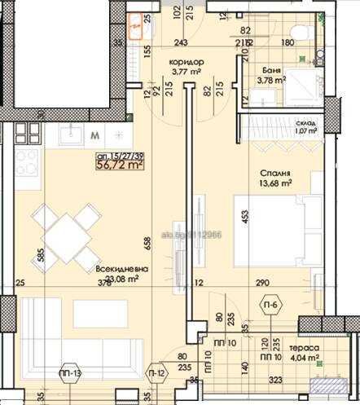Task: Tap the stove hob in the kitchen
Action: click(24, 159)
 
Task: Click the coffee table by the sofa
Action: click(99, 314)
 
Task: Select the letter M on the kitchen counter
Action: click(95, 134)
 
